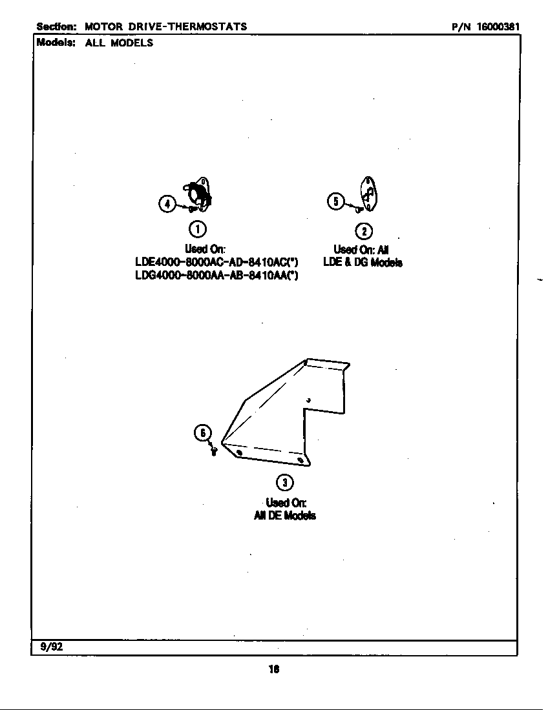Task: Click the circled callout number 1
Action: click(198, 228)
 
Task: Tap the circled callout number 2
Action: click(364, 231)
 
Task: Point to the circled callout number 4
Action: click(167, 204)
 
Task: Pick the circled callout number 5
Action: click(335, 201)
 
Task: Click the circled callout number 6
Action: click(203, 433)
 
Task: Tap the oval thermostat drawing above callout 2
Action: click(368, 192)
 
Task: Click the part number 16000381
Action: click(498, 26)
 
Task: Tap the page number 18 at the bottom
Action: click(273, 669)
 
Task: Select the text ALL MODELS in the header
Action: click(119, 43)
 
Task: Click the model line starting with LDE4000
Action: click(216, 262)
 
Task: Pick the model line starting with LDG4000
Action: click(216, 276)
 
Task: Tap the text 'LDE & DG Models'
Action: click(363, 262)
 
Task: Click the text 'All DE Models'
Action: click(285, 515)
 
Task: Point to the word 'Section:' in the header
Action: click(57, 26)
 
